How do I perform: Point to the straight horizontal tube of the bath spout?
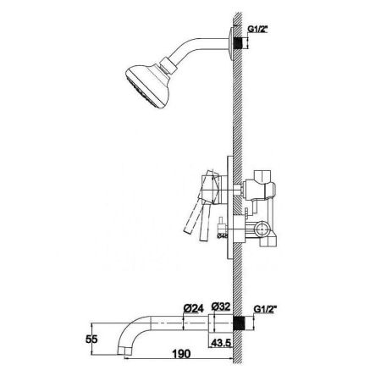click(182, 323)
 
